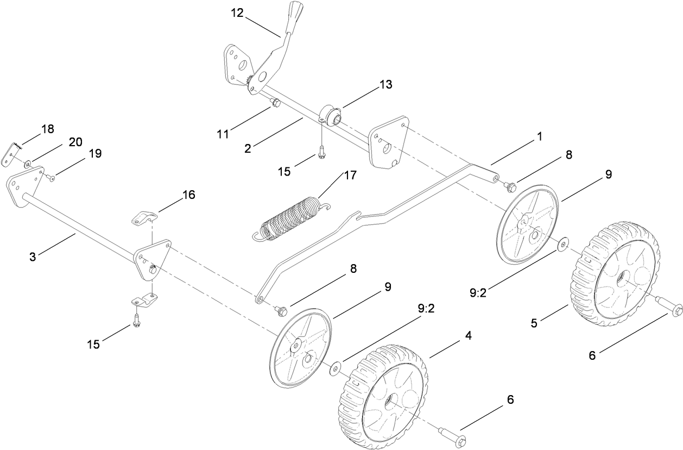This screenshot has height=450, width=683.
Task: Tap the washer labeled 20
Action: click(27, 162)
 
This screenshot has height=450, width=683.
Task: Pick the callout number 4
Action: click(467, 336)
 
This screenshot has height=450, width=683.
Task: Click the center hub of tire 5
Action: click(618, 277)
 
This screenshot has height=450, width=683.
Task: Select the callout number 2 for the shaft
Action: click(248, 148)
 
